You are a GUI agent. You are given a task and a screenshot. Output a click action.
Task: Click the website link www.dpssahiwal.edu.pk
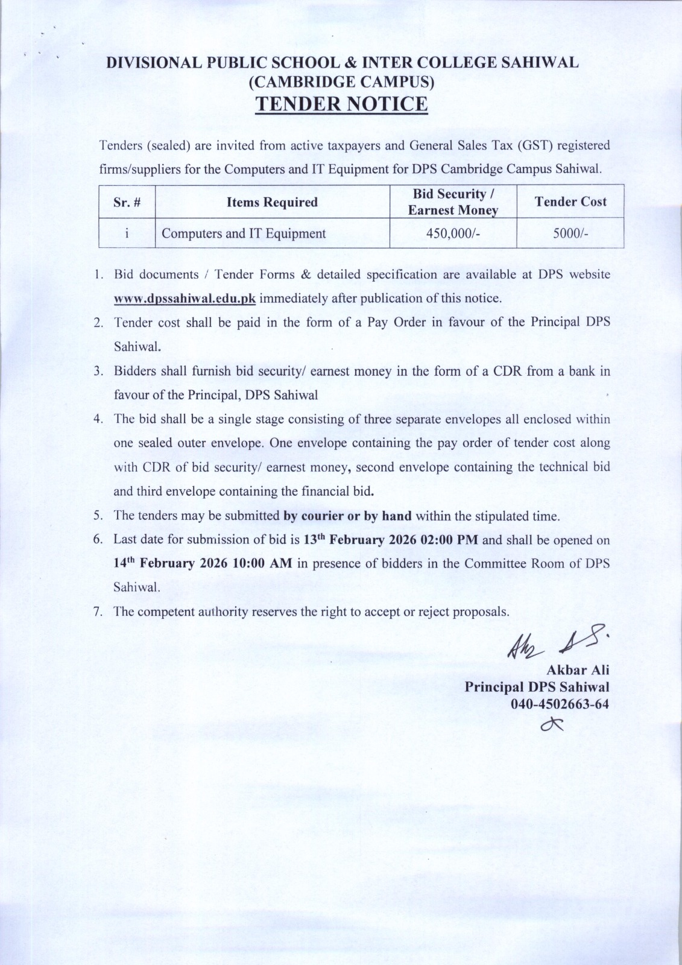coord(185,299)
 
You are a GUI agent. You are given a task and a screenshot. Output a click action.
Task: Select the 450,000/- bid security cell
coord(453,234)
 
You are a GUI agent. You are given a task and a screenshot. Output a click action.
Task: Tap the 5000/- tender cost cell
coord(570,234)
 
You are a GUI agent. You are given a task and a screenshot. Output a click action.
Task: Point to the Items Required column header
coord(272,202)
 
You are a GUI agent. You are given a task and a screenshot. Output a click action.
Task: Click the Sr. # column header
coord(127,202)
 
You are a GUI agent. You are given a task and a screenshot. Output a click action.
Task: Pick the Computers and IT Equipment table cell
coord(244,234)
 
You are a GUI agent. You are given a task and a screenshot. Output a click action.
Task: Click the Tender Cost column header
coord(570,201)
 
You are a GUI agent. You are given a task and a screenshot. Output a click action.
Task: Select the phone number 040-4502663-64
coord(560,703)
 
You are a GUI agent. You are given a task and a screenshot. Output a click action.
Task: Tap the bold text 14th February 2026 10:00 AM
coord(203,563)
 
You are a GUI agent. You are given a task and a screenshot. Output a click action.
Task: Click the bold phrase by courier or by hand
coord(347,516)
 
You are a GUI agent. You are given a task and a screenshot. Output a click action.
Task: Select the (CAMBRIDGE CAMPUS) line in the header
coord(341,81)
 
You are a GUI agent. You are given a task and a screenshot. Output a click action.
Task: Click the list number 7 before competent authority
coord(97,612)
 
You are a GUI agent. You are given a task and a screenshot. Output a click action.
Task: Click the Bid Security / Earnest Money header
coord(453,202)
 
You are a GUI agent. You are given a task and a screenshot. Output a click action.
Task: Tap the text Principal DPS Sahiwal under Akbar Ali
coord(537,687)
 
